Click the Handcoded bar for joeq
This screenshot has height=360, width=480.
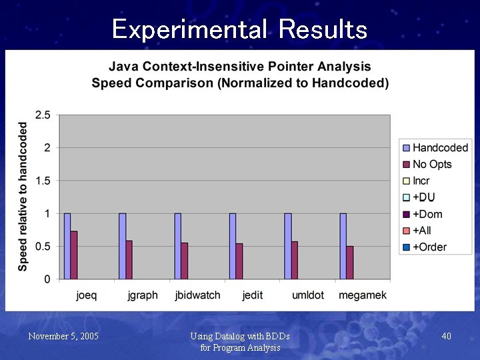coord(67,246)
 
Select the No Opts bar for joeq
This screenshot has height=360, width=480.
coord(74,255)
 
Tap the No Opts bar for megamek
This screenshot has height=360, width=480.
coord(349,263)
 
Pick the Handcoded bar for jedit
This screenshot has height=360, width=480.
coord(233,246)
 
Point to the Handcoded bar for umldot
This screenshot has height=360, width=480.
coord(287,246)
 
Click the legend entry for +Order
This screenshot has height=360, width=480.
coord(429,247)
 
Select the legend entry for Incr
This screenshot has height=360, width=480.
coord(421,181)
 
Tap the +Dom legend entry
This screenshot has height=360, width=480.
coord(427,214)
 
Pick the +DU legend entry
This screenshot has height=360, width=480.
coord(424,197)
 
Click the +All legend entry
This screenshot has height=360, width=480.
coord(422,231)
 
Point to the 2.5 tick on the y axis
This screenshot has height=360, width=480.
coord(43,115)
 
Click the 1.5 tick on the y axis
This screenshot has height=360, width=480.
coord(43,181)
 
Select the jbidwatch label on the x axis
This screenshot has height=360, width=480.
coord(197,295)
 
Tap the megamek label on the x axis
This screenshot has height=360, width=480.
coord(362,295)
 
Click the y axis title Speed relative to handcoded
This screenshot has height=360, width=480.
coord(23,197)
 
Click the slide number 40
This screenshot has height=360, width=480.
coord(446,336)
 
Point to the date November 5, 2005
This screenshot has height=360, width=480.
coord(63,336)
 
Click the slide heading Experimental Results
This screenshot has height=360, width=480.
coord(240,29)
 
